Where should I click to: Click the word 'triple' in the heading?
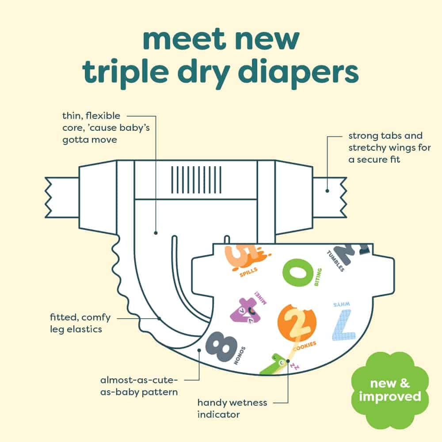tap(126, 73)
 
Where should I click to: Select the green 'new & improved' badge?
tap(390, 390)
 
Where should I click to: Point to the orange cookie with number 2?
tap(297, 323)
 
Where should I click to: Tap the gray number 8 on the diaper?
tap(221, 346)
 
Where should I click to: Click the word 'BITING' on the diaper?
tap(318, 277)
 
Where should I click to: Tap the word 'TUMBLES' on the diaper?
tap(335, 261)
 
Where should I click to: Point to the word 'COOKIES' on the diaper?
tap(305, 346)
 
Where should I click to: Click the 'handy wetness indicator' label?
tap(232, 408)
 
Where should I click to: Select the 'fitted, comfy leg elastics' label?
tap(80, 323)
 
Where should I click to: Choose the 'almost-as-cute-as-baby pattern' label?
tap(139, 386)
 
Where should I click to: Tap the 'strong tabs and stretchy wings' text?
tap(389, 148)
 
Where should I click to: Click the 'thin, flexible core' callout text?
tap(106, 127)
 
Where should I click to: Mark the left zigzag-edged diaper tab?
tap(62, 197)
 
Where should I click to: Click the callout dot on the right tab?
tap(327, 191)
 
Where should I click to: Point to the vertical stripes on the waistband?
tap(196, 180)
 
